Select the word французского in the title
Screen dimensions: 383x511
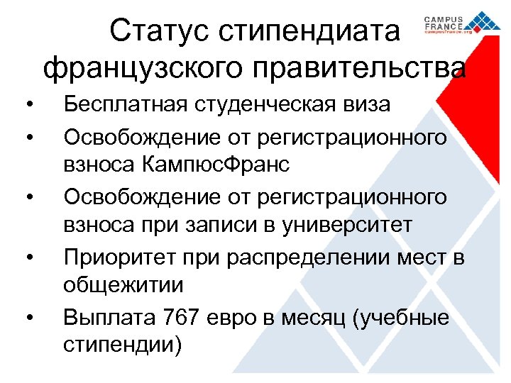(x=134, y=70)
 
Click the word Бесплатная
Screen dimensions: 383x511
(x=125, y=105)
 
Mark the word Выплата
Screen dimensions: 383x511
(x=113, y=318)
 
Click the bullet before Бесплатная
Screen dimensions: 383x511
(x=26, y=106)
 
